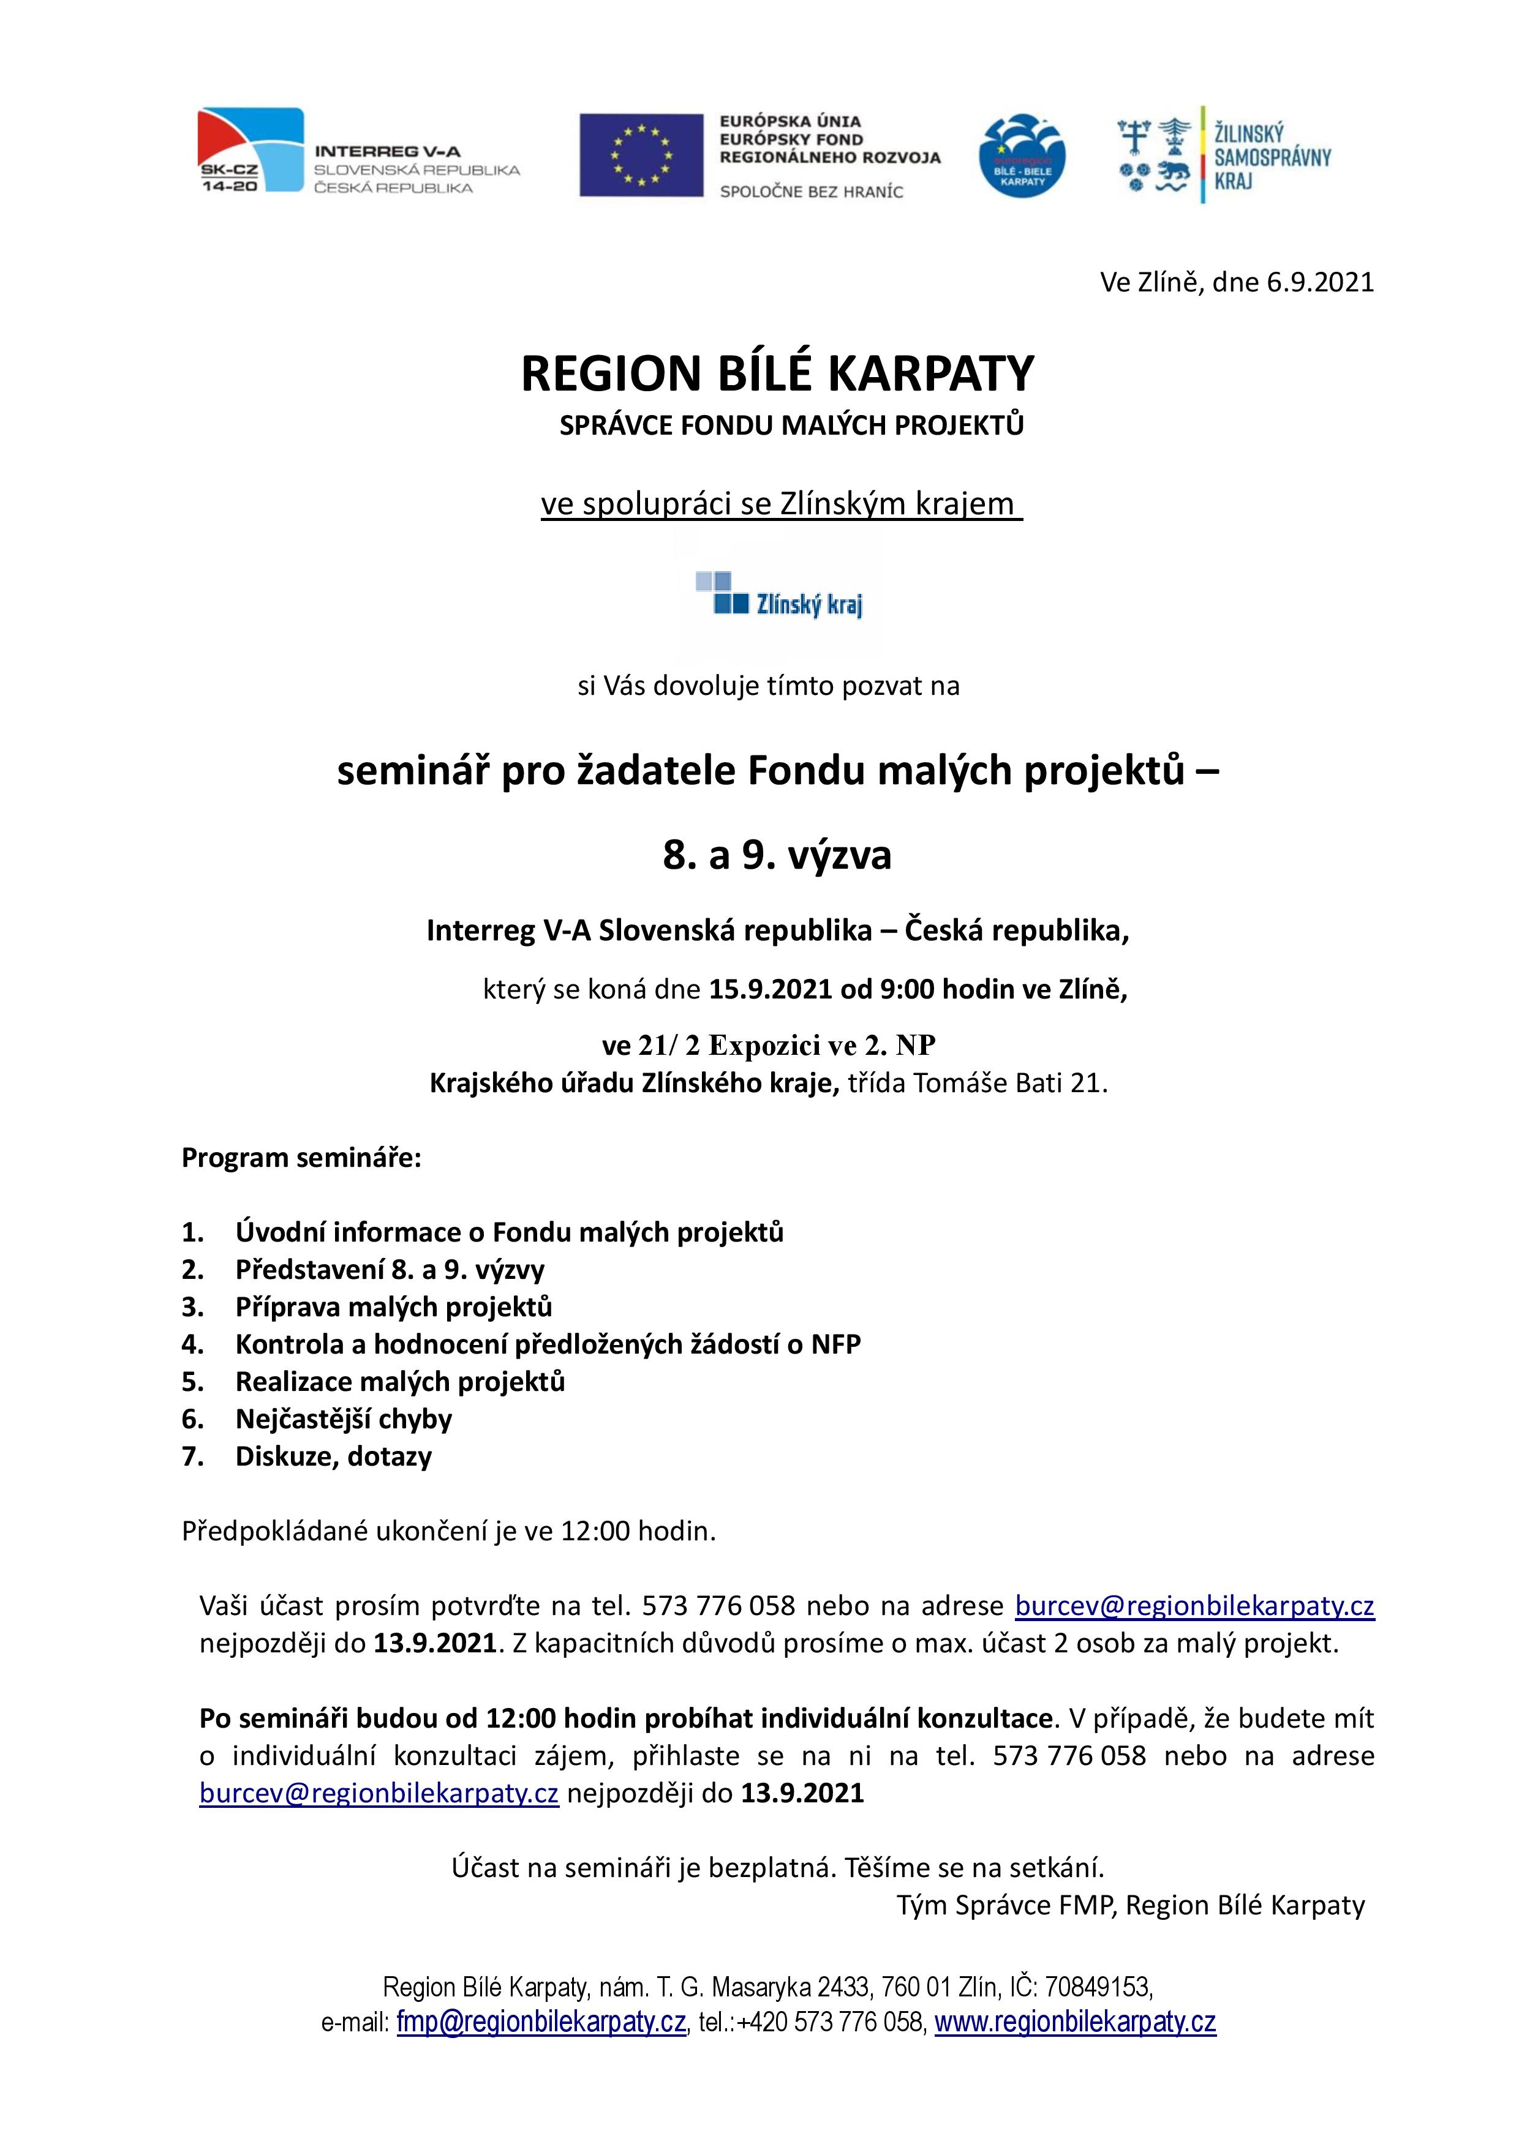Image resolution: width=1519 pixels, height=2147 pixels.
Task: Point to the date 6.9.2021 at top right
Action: pyautogui.click(x=1320, y=282)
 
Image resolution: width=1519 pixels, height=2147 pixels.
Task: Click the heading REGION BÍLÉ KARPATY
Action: pyautogui.click(x=777, y=374)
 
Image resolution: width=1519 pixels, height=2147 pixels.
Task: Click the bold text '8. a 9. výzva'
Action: pyautogui.click(x=777, y=855)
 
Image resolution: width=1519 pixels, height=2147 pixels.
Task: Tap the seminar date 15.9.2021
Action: pyautogui.click(x=770, y=989)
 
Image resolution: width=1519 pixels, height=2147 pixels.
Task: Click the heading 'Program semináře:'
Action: pyautogui.click(x=301, y=1158)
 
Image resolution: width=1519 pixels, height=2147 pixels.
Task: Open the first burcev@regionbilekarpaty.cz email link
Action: pyautogui.click(x=1194, y=1606)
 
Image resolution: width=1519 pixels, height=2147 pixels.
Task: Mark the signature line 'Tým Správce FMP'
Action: pyautogui.click(x=1006, y=1905)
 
